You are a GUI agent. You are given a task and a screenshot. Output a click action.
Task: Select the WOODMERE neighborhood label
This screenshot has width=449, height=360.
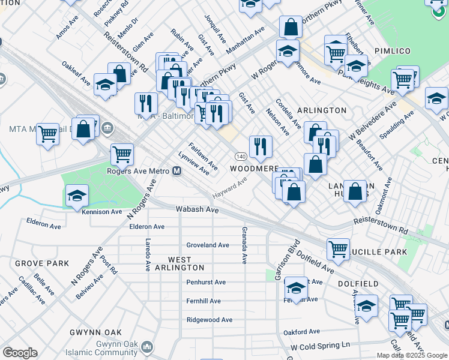[255, 169]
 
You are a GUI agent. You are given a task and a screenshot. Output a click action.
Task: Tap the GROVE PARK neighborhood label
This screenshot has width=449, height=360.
[41, 263]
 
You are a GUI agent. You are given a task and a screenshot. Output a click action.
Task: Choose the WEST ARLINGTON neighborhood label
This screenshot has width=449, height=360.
[186, 263]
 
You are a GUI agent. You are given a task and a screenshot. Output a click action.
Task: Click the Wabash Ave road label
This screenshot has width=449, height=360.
[197, 210]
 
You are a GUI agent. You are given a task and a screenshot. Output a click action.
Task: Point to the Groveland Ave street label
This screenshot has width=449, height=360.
[207, 245]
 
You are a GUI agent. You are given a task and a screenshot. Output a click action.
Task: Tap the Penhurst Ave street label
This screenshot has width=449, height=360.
[206, 282]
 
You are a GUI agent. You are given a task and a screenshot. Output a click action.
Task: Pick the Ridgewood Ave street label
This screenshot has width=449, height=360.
[209, 320]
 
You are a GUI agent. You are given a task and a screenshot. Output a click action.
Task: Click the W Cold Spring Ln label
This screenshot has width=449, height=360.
[319, 346]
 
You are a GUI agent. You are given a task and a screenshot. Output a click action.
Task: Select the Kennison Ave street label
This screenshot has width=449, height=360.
[103, 211]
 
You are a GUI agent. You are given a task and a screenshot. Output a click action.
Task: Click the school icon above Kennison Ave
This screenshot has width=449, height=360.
[77, 196]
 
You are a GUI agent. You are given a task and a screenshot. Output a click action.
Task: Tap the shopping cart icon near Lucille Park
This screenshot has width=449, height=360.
[339, 248]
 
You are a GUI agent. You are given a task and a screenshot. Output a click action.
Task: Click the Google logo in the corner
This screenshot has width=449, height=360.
[19, 353]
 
